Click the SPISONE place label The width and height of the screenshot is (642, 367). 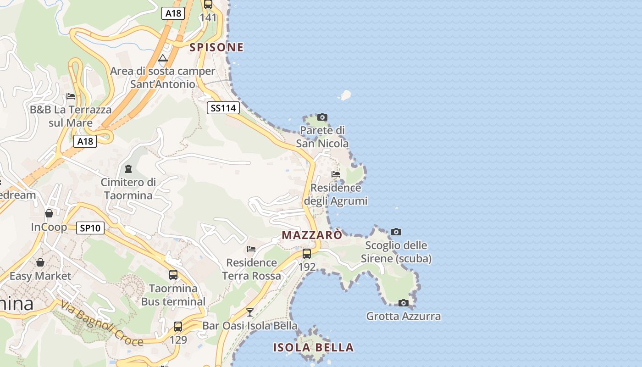coord(216,47)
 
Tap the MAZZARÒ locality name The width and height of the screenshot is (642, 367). coord(312,235)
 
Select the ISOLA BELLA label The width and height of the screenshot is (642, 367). coord(314,347)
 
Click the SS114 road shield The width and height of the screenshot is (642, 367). coord(223,108)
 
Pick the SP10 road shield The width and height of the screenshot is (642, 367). coord(90,228)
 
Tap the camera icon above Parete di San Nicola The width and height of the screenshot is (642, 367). coord(322,117)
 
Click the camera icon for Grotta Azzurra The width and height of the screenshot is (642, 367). coord(404,303)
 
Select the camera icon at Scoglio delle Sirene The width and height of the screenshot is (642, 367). coord(396,232)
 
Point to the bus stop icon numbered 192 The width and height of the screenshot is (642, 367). coord(307,253)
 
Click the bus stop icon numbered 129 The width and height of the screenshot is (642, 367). coord(178,327)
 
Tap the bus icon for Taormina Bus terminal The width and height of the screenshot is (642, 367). coord(173,275)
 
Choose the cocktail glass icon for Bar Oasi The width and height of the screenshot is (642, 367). coord(249,312)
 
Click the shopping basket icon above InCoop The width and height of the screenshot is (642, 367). coord(49,213)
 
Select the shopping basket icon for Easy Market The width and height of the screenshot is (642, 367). coord(40,262)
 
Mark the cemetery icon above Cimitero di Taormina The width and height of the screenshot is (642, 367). coord(128,169)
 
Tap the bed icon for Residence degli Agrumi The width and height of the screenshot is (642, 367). coord(336,174)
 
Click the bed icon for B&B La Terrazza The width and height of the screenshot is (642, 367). coord(71,96)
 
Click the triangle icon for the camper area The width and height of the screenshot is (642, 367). coord(162,58)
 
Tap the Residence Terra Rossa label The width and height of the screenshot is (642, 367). coord(251,269)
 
